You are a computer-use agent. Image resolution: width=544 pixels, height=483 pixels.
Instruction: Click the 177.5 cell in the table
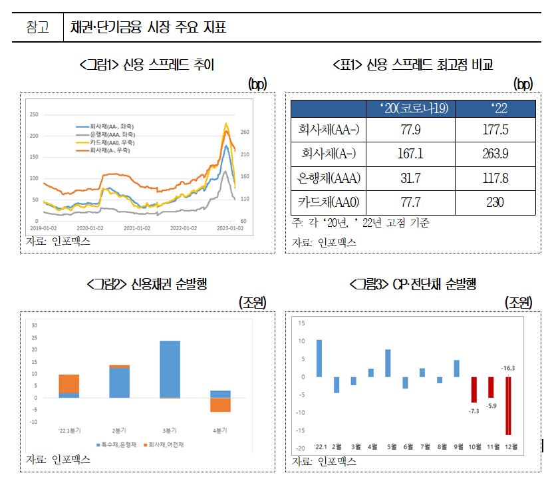tap(494, 129)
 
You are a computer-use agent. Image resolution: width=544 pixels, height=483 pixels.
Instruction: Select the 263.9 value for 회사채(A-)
tap(494, 154)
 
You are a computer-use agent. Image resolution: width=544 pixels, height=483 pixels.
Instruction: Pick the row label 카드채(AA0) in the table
tap(329, 202)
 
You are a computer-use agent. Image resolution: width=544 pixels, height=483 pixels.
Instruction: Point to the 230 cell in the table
tap(494, 202)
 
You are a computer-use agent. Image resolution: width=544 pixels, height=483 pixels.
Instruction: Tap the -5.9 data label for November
tap(491, 406)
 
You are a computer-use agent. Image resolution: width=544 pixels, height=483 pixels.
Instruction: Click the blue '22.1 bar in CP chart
tap(319, 358)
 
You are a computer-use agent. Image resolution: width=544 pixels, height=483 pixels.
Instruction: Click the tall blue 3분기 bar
tap(170, 369)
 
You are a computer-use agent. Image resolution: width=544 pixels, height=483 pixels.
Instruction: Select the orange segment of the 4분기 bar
tap(221, 404)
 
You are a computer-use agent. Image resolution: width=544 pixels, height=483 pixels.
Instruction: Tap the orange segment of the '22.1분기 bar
tap(68, 383)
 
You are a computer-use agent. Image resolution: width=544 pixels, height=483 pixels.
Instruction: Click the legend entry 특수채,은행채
tap(120, 444)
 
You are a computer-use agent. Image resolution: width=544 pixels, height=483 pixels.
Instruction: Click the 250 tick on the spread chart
tap(34, 115)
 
